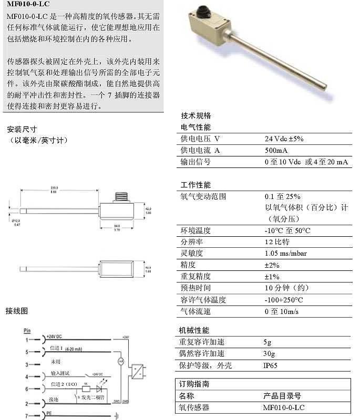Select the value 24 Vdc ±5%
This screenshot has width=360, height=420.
click(x=284, y=139)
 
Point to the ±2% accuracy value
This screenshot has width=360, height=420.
click(x=272, y=265)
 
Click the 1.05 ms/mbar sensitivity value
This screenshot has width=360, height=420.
click(x=286, y=253)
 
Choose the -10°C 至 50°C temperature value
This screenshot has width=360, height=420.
click(x=287, y=230)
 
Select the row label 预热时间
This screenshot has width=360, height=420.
click(x=196, y=288)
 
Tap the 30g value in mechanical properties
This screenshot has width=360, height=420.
click(x=270, y=353)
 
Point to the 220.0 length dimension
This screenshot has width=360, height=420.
click(x=54, y=187)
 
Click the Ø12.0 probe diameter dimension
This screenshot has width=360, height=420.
click(x=16, y=221)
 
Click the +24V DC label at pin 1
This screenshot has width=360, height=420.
click(x=55, y=335)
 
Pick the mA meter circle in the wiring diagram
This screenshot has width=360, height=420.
click(x=120, y=361)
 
